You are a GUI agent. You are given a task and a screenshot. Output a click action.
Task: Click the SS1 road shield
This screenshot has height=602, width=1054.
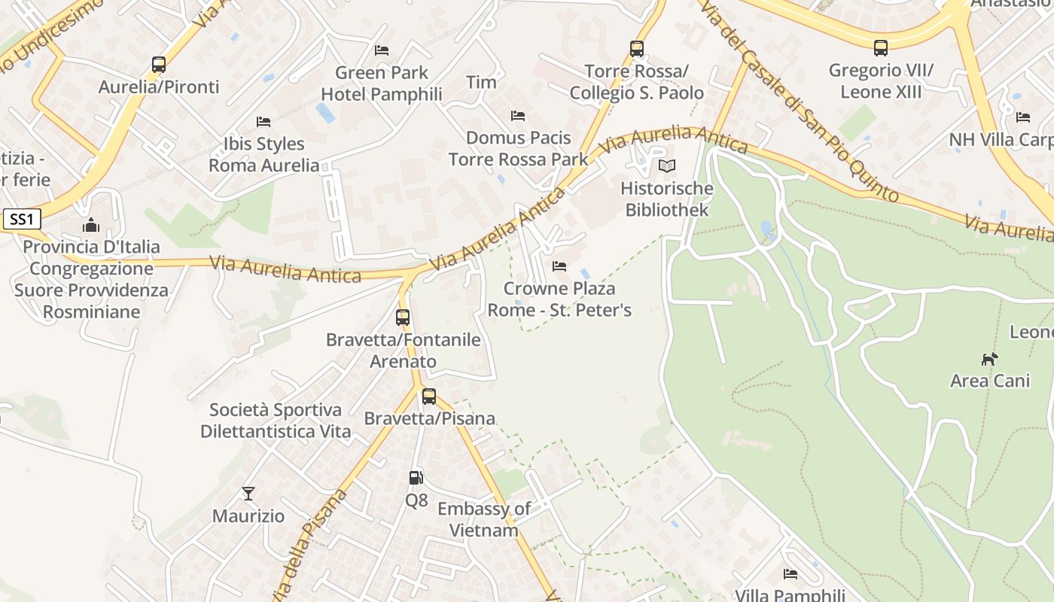click(22, 220)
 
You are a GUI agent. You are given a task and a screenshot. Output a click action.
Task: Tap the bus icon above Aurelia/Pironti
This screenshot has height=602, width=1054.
click(158, 65)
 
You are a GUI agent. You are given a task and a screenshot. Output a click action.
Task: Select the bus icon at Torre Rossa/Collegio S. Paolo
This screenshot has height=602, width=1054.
click(636, 49)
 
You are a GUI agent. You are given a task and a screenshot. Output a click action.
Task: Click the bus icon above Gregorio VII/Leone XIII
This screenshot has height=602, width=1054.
click(880, 48)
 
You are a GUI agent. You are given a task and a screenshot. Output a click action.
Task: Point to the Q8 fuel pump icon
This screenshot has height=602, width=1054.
click(416, 477)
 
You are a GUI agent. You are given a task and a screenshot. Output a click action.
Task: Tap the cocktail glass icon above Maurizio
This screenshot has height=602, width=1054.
click(248, 494)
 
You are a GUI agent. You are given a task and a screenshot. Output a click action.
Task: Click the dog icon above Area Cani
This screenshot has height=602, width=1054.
click(989, 359)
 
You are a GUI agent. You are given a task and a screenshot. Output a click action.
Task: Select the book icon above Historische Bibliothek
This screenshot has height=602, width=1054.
click(666, 166)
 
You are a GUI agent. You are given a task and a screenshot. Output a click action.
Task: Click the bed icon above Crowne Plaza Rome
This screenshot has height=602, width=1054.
click(559, 266)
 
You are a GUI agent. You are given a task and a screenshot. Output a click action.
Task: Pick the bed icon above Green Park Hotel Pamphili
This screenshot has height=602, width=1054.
click(382, 50)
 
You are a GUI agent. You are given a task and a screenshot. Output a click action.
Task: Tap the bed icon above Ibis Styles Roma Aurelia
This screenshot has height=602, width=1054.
click(263, 121)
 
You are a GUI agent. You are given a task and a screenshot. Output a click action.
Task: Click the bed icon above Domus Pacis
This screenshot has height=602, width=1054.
click(518, 116)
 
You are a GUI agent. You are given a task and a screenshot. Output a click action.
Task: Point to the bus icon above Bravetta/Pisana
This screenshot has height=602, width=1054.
click(429, 396)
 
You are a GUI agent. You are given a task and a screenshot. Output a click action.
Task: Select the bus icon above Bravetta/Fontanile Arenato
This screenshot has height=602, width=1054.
click(403, 317)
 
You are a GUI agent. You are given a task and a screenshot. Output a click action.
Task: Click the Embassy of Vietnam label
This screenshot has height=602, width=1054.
click(483, 519)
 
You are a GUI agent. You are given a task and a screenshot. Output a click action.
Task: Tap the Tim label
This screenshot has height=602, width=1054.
click(481, 82)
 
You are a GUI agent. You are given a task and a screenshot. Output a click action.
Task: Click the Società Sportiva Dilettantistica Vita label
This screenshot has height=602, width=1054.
click(276, 421)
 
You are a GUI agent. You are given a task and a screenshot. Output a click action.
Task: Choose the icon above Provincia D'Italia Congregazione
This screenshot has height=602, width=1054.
click(91, 225)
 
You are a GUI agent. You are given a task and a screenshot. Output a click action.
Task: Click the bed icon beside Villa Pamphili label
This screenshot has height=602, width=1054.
click(790, 574)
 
